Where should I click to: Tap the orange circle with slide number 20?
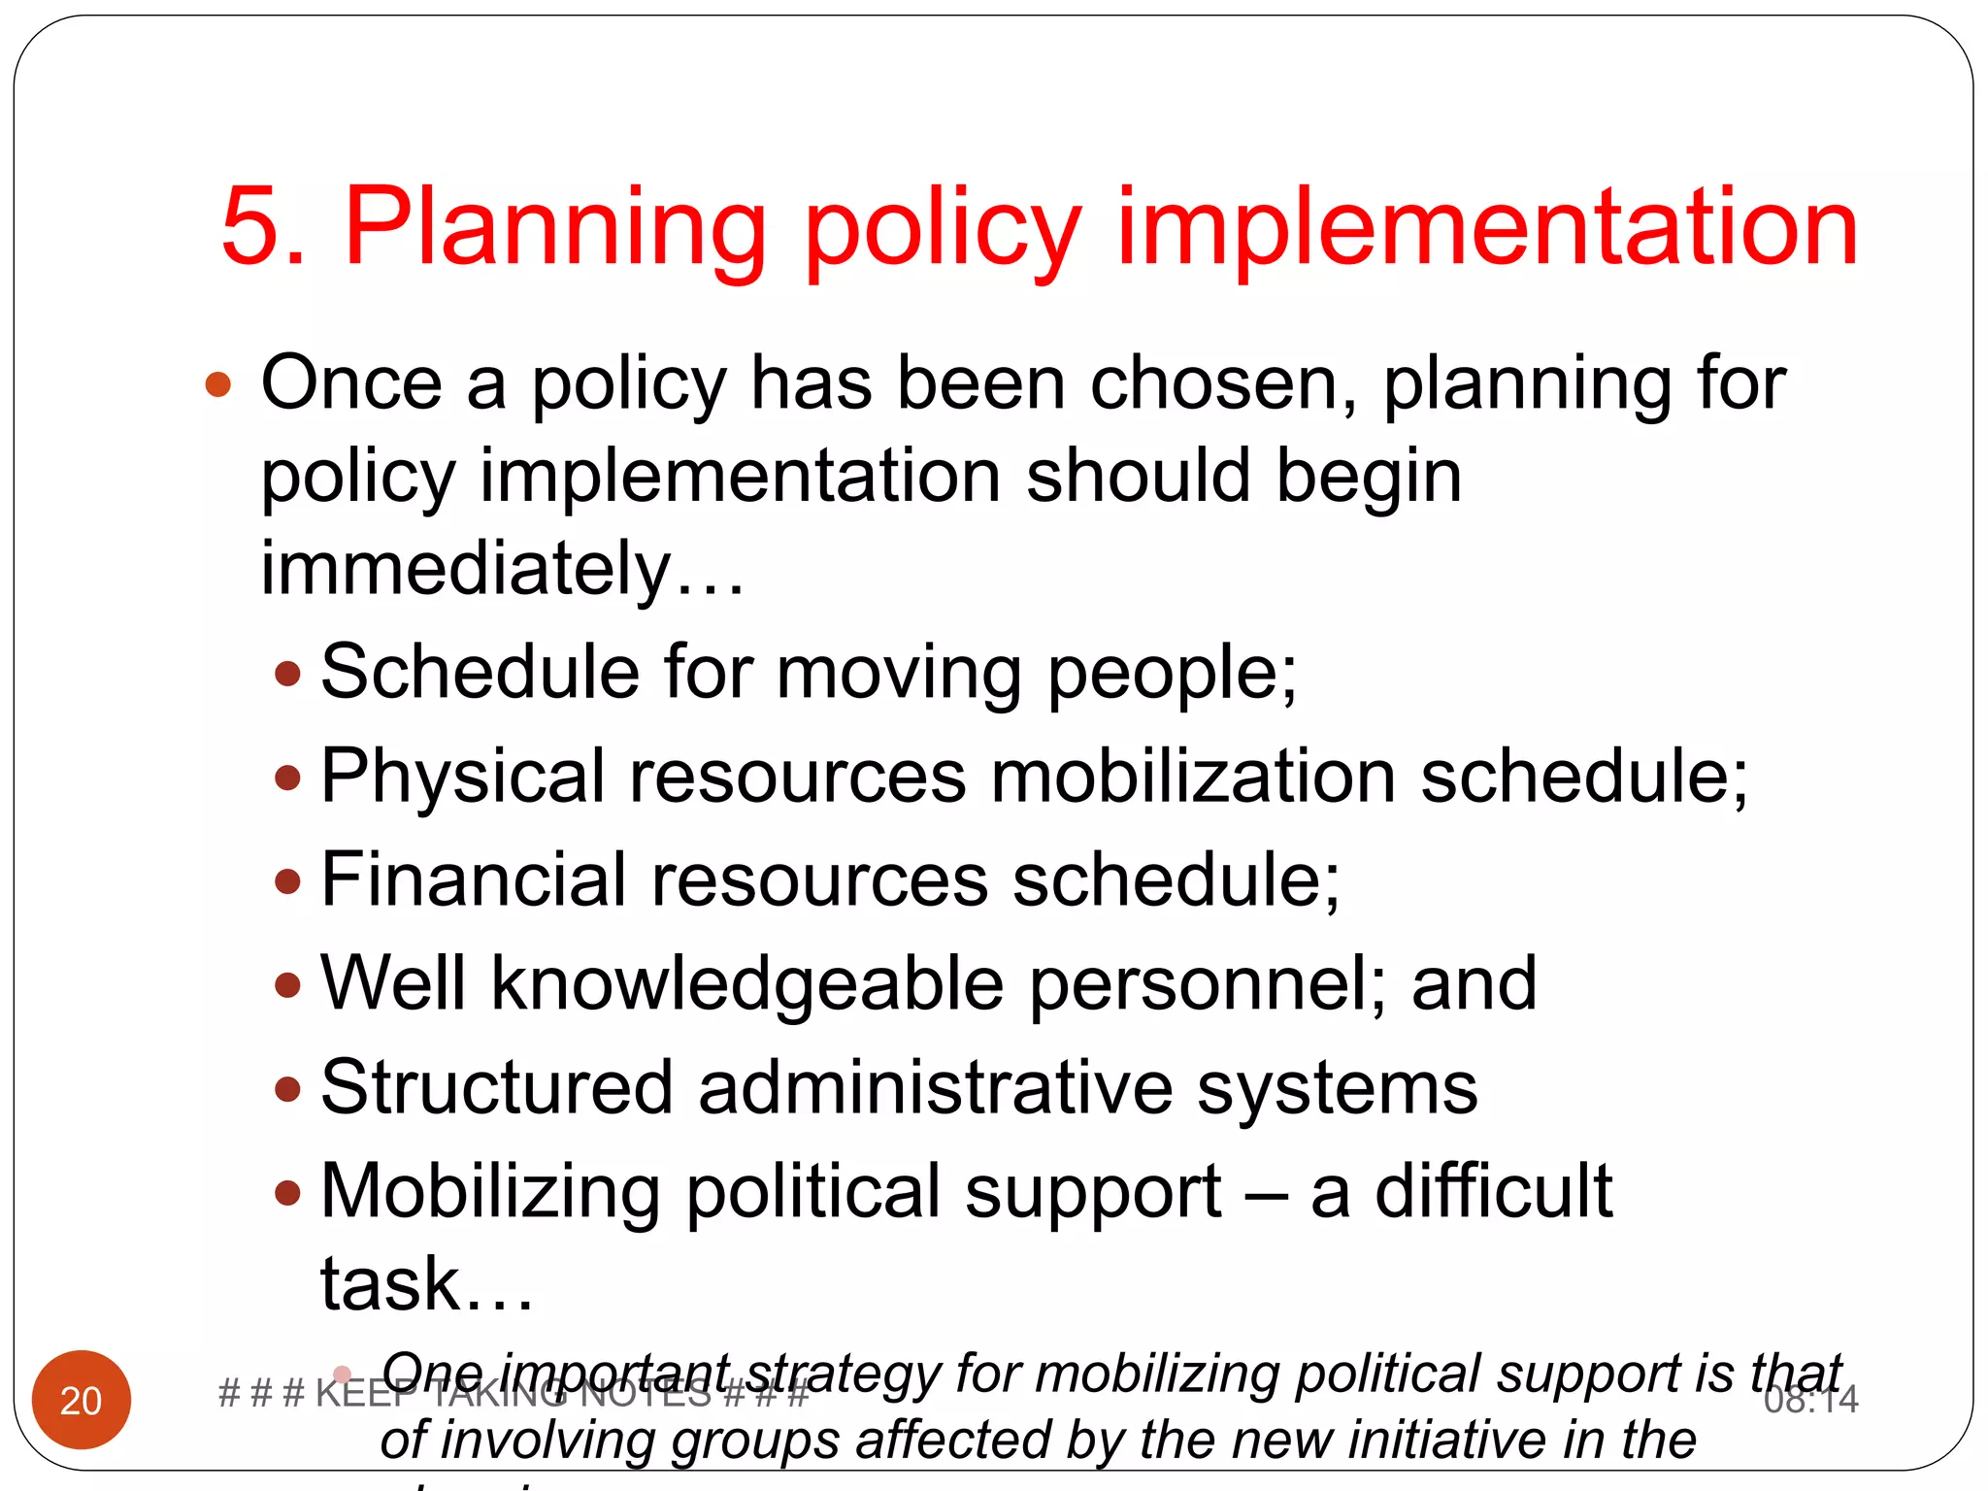[x=82, y=1399]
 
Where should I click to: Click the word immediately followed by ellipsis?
[x=466, y=569]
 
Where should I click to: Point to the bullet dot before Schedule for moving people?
[x=288, y=674]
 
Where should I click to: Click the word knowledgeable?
[x=747, y=985]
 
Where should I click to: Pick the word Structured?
[x=496, y=1087]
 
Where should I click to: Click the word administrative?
[x=935, y=1087]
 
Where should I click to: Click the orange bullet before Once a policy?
[x=218, y=384]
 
